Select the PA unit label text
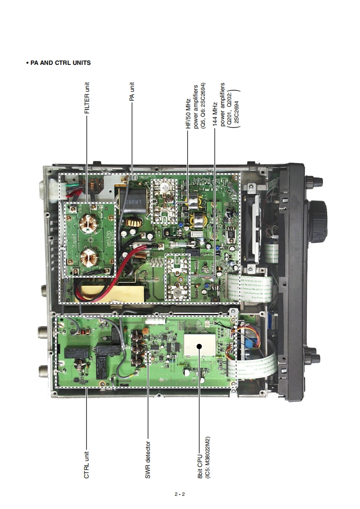click(132, 91)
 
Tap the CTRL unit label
click(86, 463)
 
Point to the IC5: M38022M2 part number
click(207, 459)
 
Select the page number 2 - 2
click(180, 494)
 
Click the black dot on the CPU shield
click(199, 347)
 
